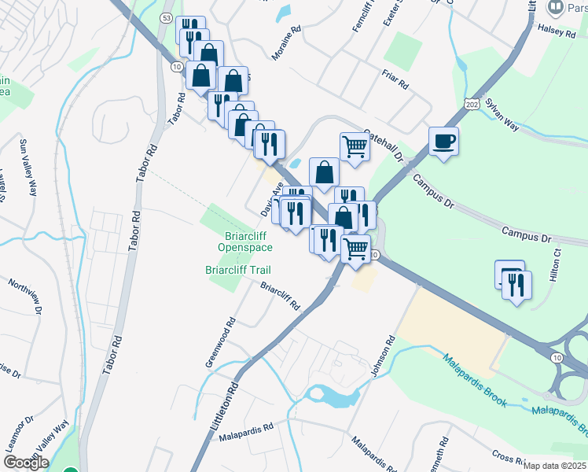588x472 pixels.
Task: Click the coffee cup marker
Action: click(444, 142)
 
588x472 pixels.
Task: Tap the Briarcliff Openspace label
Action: click(244, 242)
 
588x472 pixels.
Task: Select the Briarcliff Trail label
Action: click(237, 271)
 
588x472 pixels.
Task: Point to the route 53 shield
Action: click(165, 17)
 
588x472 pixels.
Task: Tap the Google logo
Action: click(25, 463)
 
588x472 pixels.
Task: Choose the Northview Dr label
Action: click(24, 294)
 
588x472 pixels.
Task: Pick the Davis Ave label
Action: click(271, 202)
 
